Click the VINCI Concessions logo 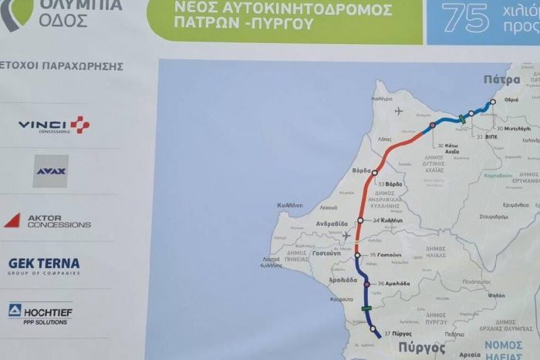tap(54, 125)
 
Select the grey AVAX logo tap(50, 171)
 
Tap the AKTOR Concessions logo tap(47, 221)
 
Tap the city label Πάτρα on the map tap(502, 79)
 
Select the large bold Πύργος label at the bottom tap(423, 348)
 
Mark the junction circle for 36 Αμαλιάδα tap(368, 284)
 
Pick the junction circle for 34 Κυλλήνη tap(360, 220)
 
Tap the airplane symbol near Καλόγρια tap(398, 110)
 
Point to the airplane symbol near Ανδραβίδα tap(346, 235)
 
